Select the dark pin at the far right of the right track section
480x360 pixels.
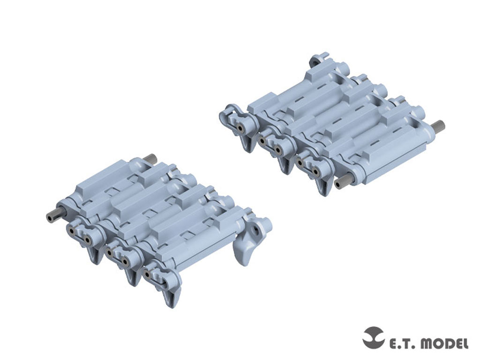tap(439, 125)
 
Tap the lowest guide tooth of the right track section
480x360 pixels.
tap(322, 185)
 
